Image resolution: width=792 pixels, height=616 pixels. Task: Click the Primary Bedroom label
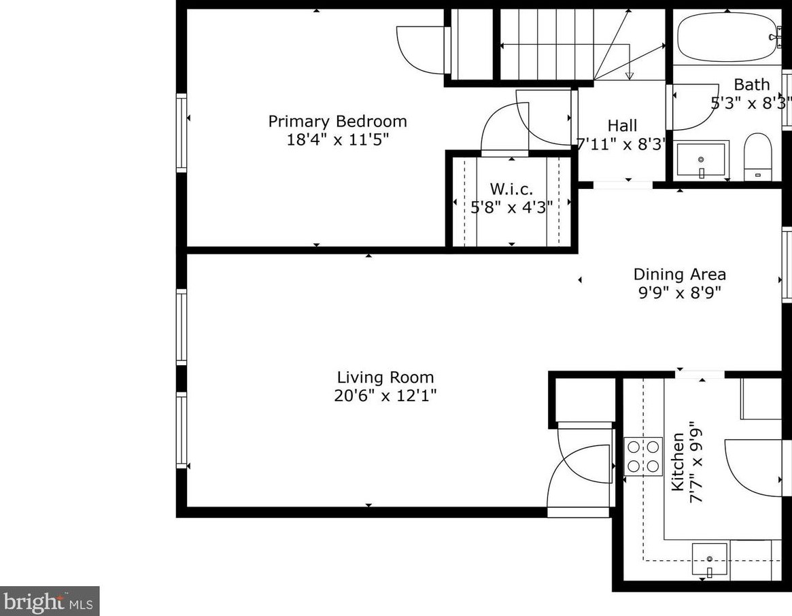[337, 122]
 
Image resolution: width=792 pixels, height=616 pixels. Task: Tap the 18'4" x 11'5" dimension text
[337, 140]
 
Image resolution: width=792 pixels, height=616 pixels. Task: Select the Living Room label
[385, 378]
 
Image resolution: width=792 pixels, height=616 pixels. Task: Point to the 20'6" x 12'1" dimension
[385, 396]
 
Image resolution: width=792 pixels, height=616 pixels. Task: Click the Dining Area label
[679, 275]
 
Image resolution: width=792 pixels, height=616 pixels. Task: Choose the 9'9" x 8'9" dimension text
[679, 293]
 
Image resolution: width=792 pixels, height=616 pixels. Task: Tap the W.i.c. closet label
[511, 188]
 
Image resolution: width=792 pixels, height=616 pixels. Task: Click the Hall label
[622, 126]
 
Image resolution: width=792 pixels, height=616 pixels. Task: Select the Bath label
[752, 85]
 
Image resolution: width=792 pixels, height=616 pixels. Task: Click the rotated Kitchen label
[678, 462]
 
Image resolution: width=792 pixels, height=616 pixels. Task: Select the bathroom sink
[701, 160]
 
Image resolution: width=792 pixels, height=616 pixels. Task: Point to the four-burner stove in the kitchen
[643, 456]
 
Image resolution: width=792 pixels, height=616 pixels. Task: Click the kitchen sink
[710, 560]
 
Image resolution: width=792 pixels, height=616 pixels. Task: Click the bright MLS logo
[50, 601]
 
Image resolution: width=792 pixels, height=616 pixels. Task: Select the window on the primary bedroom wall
[182, 133]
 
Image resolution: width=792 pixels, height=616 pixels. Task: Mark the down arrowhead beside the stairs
[630, 75]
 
